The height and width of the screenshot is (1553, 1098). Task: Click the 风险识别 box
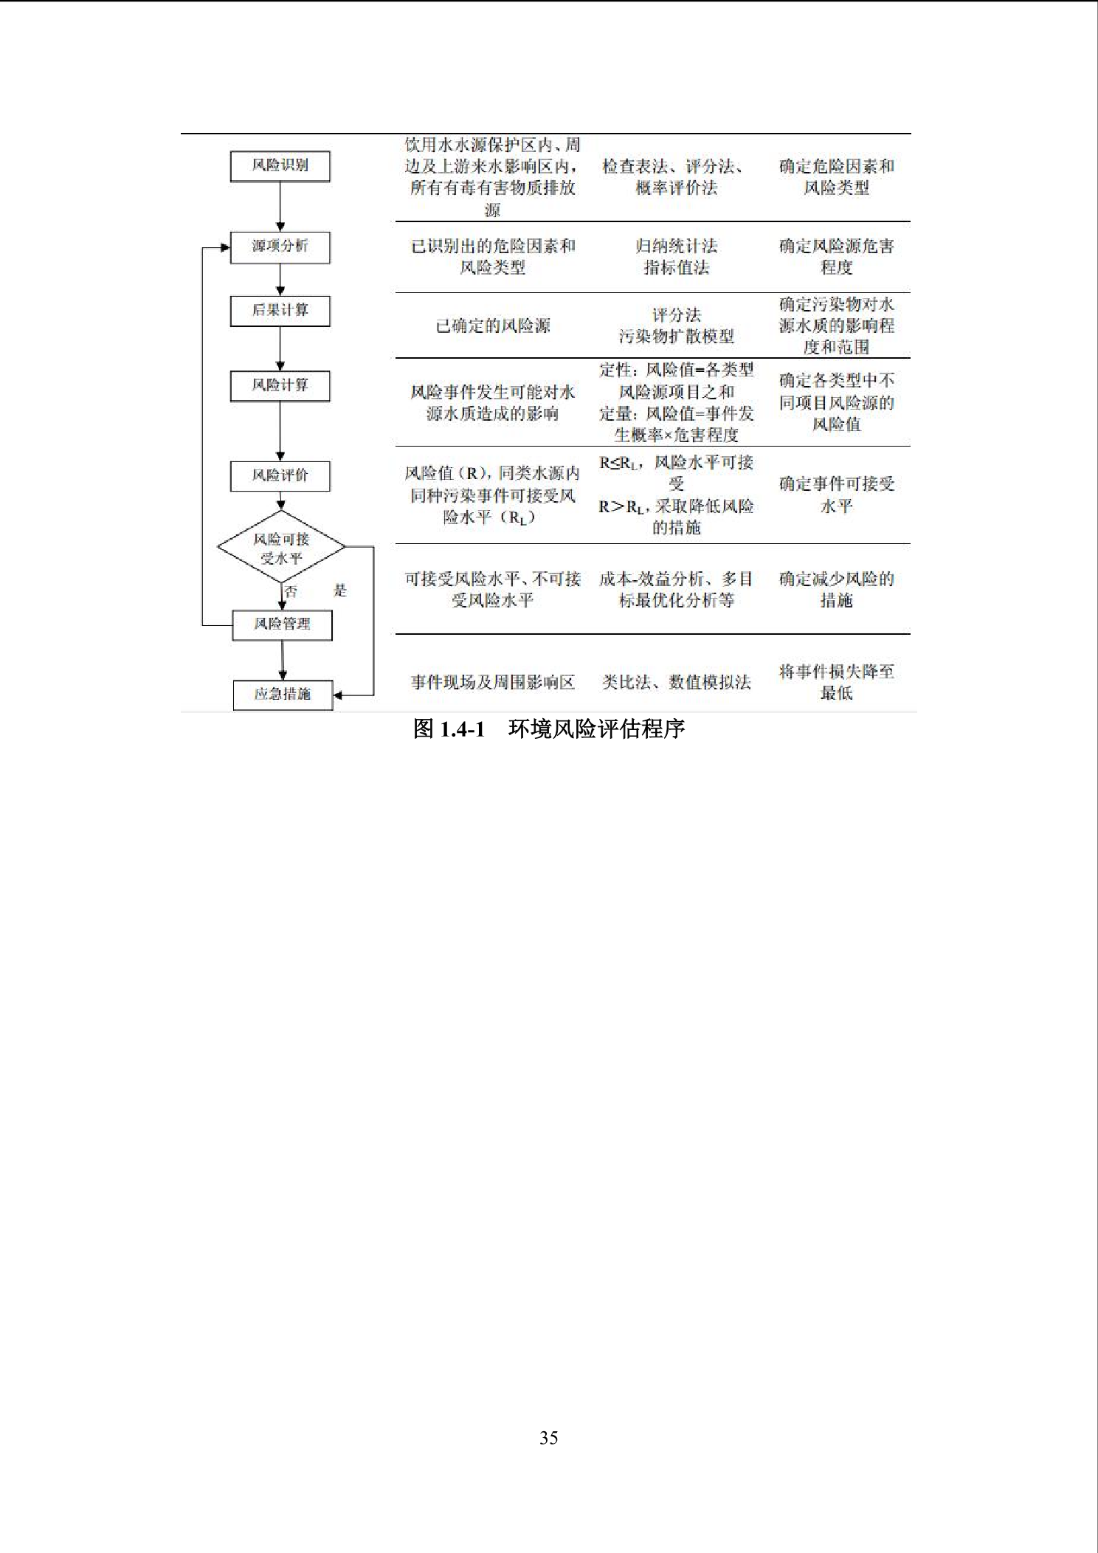tap(280, 166)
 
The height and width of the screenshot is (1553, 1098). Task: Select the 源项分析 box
tap(280, 247)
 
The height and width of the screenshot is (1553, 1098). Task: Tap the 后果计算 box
tap(280, 311)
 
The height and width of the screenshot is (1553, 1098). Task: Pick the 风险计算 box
tap(280, 386)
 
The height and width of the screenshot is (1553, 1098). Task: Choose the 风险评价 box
tap(280, 476)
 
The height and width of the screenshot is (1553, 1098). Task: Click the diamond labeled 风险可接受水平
tap(281, 548)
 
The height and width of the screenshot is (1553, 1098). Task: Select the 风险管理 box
tap(282, 625)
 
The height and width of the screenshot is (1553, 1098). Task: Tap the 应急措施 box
tap(283, 695)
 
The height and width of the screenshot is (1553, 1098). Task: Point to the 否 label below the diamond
tap(291, 591)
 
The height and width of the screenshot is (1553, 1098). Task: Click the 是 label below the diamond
tap(340, 590)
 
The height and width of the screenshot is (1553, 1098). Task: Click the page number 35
tap(549, 1438)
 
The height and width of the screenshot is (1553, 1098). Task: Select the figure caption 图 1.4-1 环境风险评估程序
tap(549, 729)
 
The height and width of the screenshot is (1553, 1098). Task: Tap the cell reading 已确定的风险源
tap(493, 326)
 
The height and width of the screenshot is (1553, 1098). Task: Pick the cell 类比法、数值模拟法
tap(677, 682)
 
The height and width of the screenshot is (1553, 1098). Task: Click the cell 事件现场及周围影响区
tap(493, 682)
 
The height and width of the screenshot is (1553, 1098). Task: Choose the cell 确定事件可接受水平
tap(837, 495)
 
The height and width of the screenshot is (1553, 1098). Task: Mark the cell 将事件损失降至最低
tap(837, 682)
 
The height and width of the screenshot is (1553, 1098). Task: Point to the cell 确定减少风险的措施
tap(837, 589)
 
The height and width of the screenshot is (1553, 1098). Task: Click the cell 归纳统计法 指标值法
tap(677, 256)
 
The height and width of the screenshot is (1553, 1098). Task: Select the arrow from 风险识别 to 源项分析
tap(280, 207)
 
